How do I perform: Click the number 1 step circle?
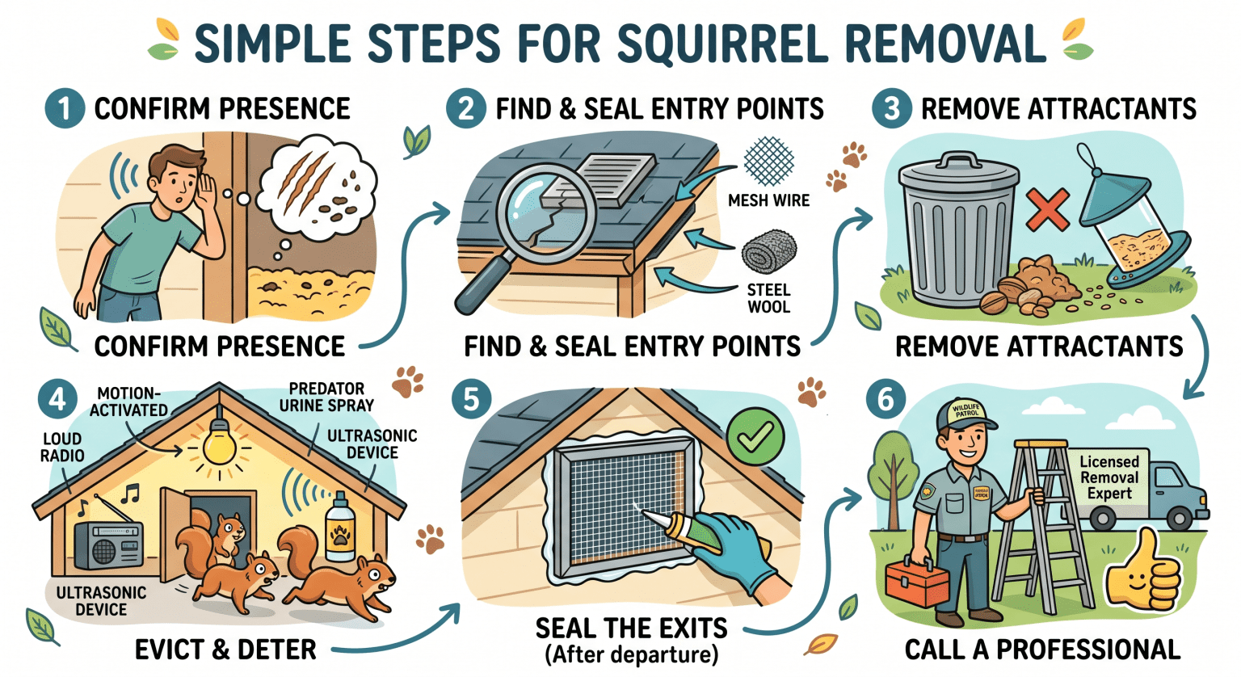tap(65, 108)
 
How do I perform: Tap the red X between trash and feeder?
tap(1048, 210)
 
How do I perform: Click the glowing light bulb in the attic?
tap(218, 444)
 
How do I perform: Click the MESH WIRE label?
tap(768, 200)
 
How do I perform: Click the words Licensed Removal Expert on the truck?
tap(1108, 477)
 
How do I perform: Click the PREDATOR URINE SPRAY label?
tap(326, 397)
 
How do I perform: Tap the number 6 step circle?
tap(886, 399)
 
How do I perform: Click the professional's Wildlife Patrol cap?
tap(963, 413)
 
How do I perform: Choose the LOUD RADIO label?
tap(62, 447)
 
